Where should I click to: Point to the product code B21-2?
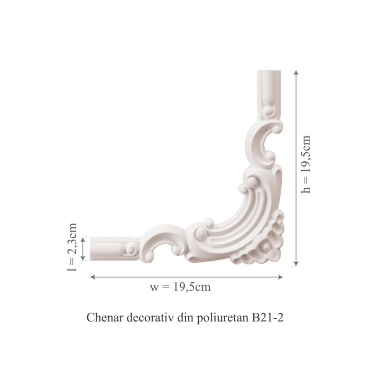[x=268, y=319]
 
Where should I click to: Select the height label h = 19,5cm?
[x=306, y=164]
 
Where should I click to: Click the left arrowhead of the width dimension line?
[x=92, y=274]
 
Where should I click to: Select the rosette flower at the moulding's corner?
[x=265, y=247]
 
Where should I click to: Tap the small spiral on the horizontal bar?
[x=130, y=247]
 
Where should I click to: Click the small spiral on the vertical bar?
[x=269, y=112]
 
